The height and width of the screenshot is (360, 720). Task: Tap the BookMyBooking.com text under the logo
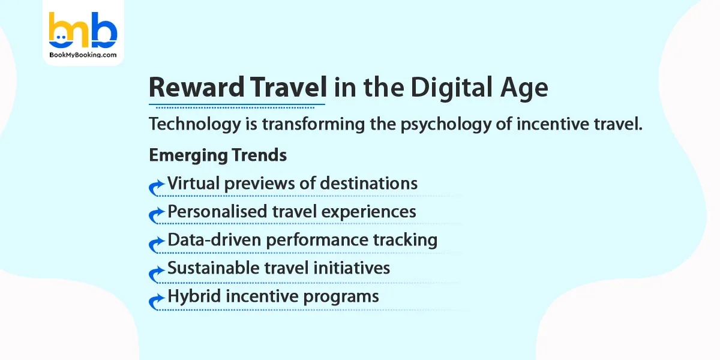click(x=83, y=54)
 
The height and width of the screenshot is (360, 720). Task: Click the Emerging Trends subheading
click(x=217, y=155)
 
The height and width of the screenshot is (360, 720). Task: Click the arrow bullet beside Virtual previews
click(x=157, y=187)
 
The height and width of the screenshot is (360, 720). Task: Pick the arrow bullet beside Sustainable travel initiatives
click(x=157, y=271)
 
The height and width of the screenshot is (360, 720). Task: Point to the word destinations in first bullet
click(x=369, y=183)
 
